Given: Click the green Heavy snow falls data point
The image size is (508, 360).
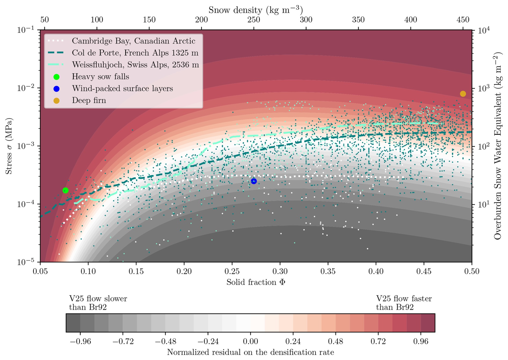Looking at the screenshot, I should [x=65, y=190].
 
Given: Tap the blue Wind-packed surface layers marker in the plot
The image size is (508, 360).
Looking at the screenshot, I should [x=254, y=181].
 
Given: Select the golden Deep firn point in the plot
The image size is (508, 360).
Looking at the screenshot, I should [x=463, y=94].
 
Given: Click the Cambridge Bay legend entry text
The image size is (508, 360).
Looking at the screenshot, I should [x=133, y=41].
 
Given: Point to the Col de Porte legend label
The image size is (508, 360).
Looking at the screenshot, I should [x=135, y=53].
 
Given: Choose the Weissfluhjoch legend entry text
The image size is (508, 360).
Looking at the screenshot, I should [x=135, y=65].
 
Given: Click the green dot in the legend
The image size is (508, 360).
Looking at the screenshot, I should [x=56, y=77].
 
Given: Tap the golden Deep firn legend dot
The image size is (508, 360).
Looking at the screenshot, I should [x=56, y=100].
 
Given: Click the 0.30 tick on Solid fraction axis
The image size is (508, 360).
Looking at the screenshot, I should [x=280, y=271].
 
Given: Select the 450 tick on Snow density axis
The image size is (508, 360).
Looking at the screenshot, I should [x=463, y=20].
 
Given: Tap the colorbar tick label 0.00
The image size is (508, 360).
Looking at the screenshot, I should [x=251, y=341].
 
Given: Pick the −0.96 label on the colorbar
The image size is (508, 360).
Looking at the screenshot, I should [x=80, y=341].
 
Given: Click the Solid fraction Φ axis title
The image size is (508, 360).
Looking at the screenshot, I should [x=256, y=282].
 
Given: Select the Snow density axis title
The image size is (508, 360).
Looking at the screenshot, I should [x=256, y=10].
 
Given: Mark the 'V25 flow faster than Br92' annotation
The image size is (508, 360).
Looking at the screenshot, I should [x=404, y=303].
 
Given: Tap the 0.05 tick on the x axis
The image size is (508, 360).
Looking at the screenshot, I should [x=40, y=271].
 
